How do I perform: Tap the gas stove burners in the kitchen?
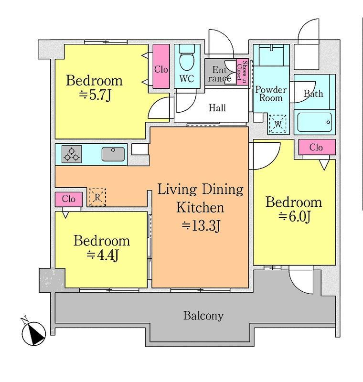(72, 154)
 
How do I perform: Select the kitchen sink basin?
(113, 154)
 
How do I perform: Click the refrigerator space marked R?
(97, 197)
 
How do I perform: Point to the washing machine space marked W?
(278, 124)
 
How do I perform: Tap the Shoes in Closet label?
(242, 72)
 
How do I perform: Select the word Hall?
(217, 108)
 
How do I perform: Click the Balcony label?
(203, 316)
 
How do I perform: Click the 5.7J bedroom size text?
(95, 95)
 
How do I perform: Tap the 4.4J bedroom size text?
(102, 255)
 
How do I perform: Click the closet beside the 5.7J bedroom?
(161, 66)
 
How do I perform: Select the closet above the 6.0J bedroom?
(317, 147)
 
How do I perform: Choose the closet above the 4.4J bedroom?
(69, 200)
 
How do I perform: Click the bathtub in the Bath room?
(314, 122)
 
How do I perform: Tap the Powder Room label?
(271, 94)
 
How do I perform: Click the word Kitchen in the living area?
(200, 208)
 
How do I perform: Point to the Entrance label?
(220, 74)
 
